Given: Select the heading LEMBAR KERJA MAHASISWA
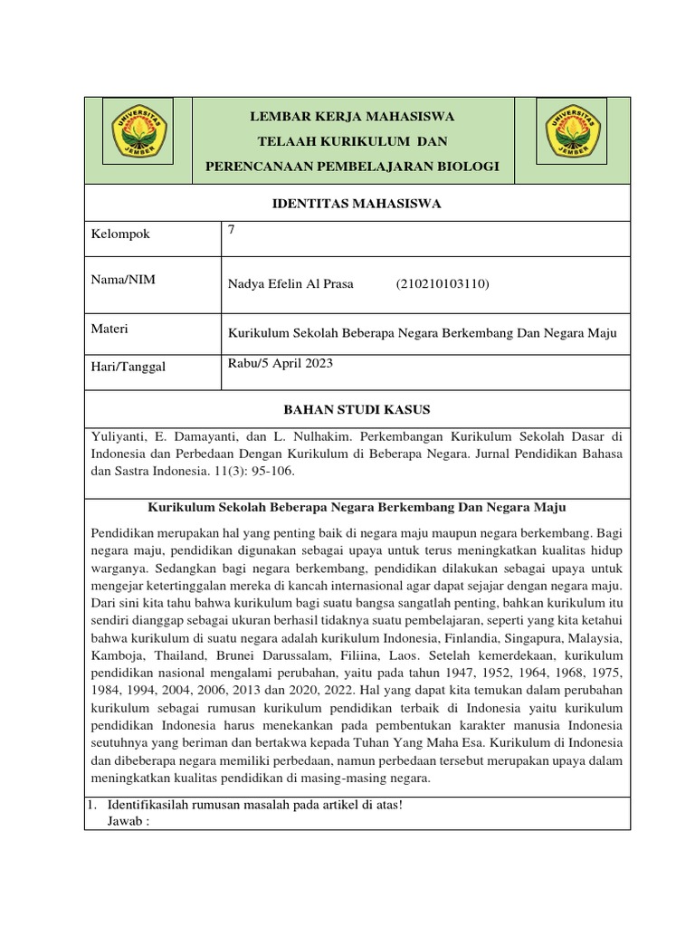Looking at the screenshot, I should coord(353,117).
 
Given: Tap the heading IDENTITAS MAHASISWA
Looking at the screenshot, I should coord(357,204).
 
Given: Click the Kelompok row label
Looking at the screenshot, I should coord(120,234).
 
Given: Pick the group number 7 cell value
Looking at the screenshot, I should coord(232,230).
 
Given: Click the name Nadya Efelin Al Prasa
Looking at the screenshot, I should coord(290,284).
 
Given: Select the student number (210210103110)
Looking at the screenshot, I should coord(443,284).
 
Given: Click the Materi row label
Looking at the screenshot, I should coord(110,329).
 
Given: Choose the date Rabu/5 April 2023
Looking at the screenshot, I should coord(281,363).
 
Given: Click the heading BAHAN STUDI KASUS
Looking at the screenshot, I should coord(357,410).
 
